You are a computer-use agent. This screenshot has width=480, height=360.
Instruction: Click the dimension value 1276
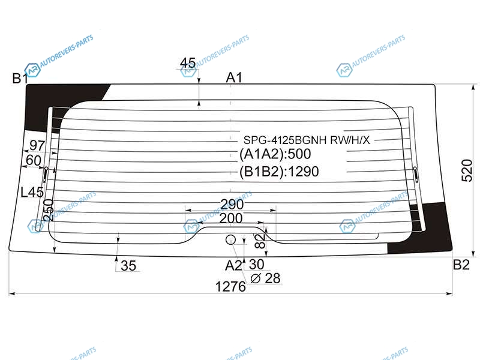click(230, 287)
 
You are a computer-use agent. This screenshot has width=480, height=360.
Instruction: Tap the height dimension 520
click(467, 170)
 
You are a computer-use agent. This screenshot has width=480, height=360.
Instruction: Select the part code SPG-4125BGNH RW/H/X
click(307, 140)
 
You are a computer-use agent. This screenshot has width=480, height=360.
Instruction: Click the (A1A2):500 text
click(275, 154)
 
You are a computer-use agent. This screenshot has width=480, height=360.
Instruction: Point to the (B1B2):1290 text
click(279, 172)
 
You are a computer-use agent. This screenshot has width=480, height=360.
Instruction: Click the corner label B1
click(20, 79)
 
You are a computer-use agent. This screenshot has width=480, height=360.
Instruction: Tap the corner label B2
click(461, 265)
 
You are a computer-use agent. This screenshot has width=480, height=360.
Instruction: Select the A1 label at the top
click(234, 77)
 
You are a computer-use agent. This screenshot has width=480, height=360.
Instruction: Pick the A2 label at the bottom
click(233, 265)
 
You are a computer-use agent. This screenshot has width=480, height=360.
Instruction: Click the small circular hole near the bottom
click(230, 239)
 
